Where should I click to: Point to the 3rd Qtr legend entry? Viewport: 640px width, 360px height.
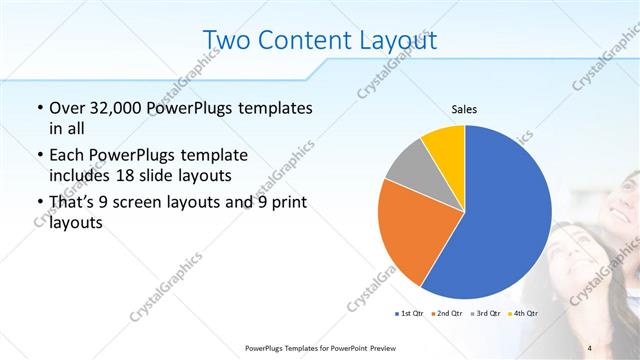point(484,315)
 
